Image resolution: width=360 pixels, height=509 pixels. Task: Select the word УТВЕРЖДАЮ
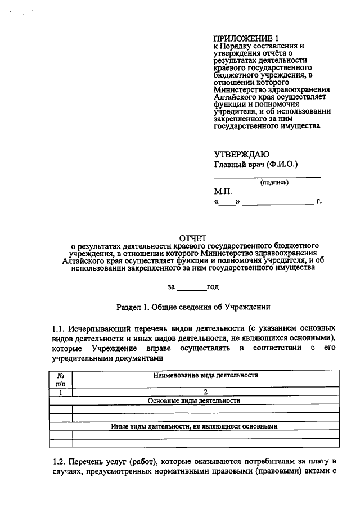(241, 155)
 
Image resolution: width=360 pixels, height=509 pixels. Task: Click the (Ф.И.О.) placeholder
(281, 165)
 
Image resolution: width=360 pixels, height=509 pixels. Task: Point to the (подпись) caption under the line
(274, 183)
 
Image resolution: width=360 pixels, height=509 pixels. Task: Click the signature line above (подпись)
(267, 177)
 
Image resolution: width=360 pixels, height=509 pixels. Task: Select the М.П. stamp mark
(222, 191)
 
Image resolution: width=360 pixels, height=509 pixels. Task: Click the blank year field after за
(192, 287)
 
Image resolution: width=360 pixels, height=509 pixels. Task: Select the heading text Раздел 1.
(133, 308)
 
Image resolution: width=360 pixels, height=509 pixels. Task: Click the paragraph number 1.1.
(58, 327)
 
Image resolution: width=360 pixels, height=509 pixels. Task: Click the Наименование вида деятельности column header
(205, 375)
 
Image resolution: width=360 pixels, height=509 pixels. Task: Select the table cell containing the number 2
(205, 392)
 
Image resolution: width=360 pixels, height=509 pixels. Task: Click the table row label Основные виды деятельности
(194, 400)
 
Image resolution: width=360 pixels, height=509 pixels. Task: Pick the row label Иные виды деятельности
(194, 426)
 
